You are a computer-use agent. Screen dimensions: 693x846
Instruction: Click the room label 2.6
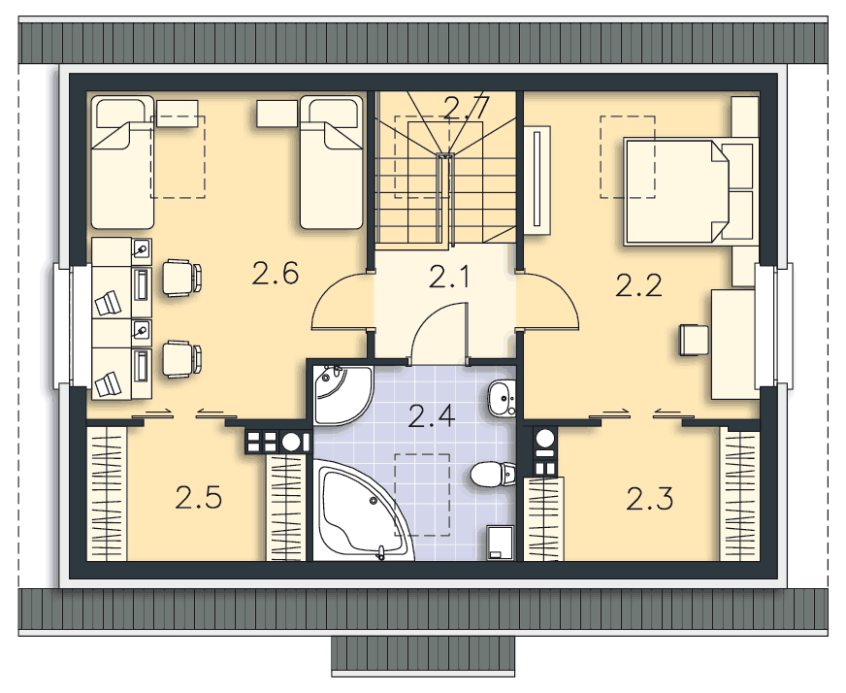pos(274,276)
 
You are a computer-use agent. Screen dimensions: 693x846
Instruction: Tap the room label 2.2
pos(638,285)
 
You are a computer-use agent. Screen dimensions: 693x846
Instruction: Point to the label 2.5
pos(199,499)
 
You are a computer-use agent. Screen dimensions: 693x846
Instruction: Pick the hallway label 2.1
pos(449,280)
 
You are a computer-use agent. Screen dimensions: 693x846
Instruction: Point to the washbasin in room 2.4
pos(502,395)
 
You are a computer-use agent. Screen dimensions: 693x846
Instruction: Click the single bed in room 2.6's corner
pos(122,161)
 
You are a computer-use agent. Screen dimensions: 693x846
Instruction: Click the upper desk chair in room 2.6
pos(181,278)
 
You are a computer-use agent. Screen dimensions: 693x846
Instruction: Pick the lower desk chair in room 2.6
pos(181,359)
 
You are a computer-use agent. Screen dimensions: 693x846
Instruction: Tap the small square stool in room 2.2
pos(695,341)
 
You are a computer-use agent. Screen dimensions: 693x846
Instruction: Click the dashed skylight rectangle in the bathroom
pos(422,494)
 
